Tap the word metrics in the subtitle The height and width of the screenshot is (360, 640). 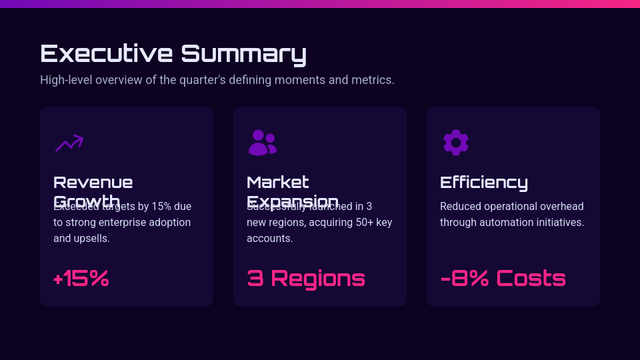coord(374,80)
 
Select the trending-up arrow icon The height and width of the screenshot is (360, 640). coord(69,143)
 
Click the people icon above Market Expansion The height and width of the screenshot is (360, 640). coord(262,143)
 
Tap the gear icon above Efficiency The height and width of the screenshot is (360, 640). coord(456,143)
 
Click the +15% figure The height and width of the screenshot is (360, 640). coord(81,279)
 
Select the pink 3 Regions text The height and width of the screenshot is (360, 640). coord(306,279)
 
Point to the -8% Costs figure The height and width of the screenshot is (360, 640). coord(503,279)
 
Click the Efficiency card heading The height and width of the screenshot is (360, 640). coord(484,183)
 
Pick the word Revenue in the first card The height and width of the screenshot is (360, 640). coord(93,183)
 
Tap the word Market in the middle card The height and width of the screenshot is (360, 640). coord(278,183)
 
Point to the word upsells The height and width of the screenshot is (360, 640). coord(90,238)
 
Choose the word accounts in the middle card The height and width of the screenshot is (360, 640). coord(269,238)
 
